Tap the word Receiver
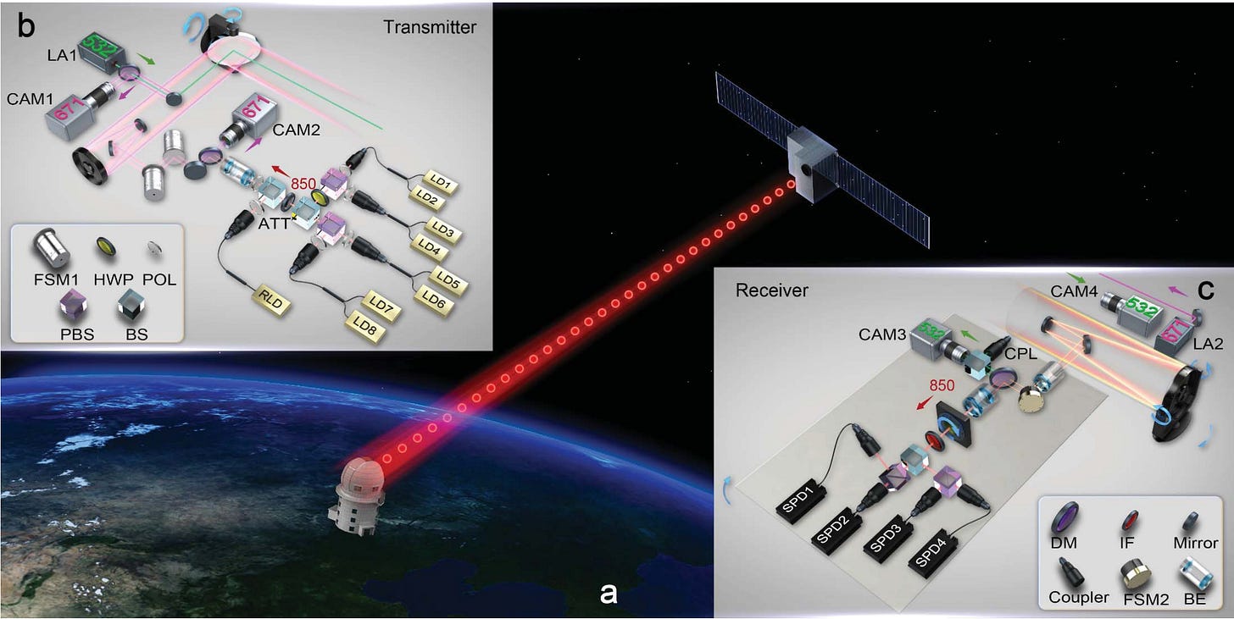[773, 290]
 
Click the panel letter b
[26, 26]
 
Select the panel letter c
[1204, 289]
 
